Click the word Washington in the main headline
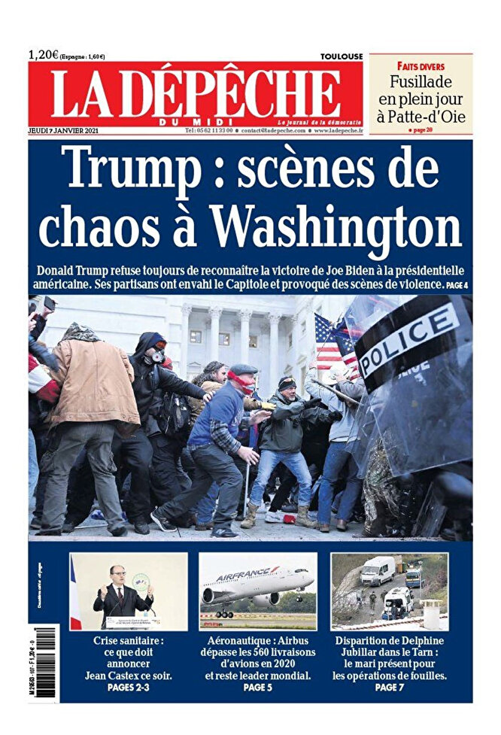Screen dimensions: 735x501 (335, 222)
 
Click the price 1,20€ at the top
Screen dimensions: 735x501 (44, 54)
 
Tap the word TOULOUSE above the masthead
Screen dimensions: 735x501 (341, 56)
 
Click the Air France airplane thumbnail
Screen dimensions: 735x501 (258, 592)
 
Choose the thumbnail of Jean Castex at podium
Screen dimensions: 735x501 (128, 592)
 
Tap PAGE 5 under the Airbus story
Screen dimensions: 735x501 (257, 688)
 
